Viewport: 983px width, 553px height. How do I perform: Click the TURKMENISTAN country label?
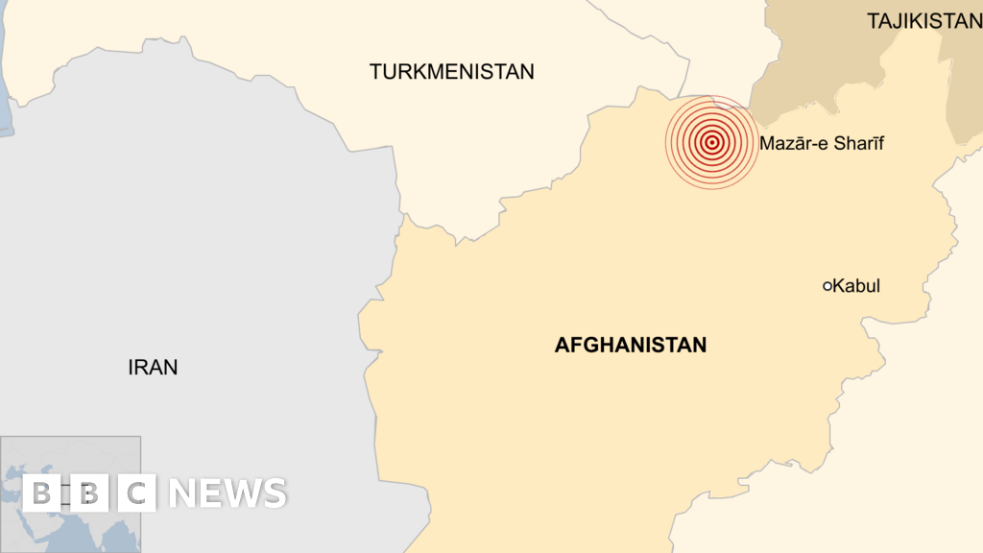[x=451, y=71]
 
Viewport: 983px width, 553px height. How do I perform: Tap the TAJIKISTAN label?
[x=923, y=21]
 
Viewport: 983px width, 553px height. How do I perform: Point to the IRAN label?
[x=153, y=367]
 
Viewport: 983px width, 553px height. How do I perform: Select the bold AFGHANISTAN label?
[x=630, y=345]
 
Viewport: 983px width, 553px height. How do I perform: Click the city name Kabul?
[x=856, y=286]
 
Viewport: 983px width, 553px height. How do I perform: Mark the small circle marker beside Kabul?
[x=827, y=286]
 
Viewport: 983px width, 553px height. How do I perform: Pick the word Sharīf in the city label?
[x=857, y=144]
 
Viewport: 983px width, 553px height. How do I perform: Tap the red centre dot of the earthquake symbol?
[x=711, y=143]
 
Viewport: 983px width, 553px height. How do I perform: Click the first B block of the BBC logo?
[x=41, y=493]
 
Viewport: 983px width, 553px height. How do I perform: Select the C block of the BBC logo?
[x=136, y=493]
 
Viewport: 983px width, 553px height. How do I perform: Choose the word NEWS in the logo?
[x=228, y=493]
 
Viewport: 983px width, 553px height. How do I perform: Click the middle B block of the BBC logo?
[x=88, y=493]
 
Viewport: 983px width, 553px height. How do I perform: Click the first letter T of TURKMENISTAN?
[x=375, y=71]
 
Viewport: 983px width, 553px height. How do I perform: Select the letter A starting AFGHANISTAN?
[x=562, y=345]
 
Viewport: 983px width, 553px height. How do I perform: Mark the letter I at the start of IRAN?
[x=131, y=367]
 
